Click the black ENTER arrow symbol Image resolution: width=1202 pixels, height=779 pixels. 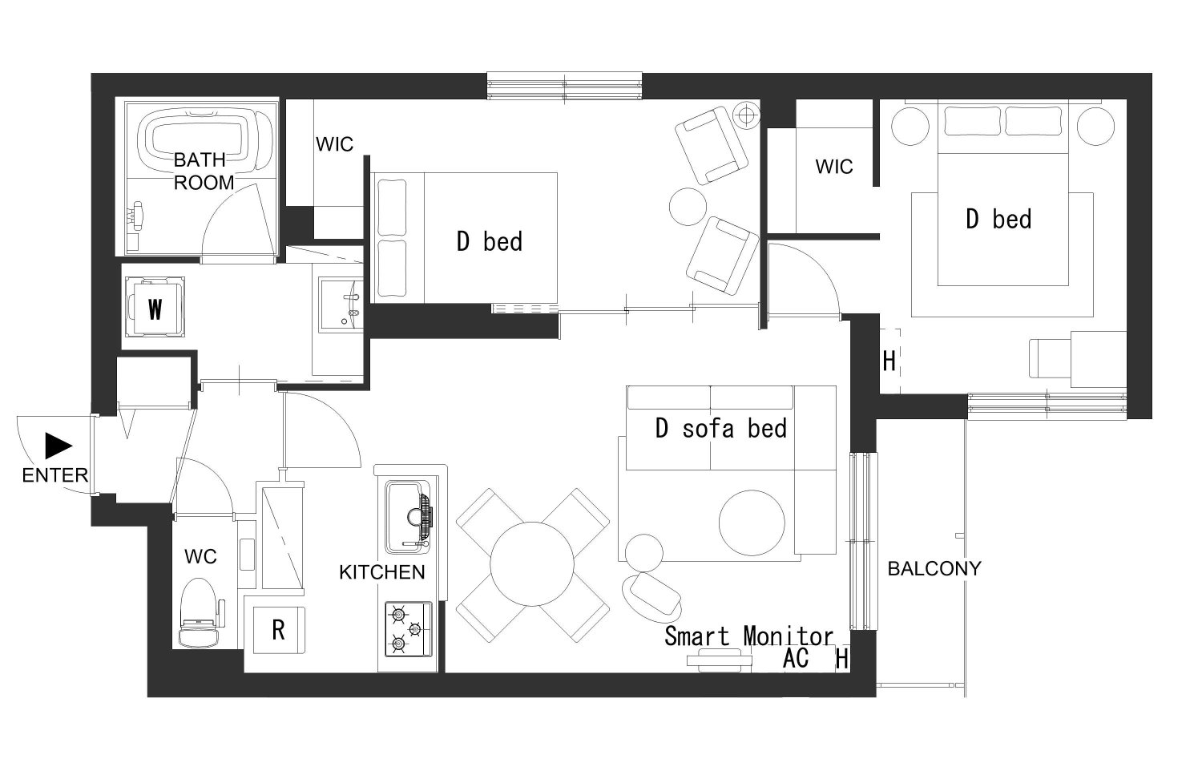point(58,446)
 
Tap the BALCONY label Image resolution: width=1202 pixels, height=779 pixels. point(934,568)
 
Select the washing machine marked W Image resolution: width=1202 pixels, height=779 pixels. point(155,308)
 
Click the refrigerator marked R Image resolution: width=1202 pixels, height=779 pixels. point(279,630)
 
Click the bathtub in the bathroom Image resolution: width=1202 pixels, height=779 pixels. point(204,140)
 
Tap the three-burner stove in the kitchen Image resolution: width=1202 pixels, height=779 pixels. point(409,629)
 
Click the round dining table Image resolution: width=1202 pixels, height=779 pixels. point(532,564)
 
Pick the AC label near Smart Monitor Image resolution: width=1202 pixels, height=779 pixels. point(795,658)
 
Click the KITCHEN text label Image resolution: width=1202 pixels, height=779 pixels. point(382,572)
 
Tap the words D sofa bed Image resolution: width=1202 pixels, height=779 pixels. point(720,428)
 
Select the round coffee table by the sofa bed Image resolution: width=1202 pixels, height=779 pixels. point(752,523)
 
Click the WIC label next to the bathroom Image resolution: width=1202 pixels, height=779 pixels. point(334,143)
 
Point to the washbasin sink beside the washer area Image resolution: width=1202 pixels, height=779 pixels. point(341,305)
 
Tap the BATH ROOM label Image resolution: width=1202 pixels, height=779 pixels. point(204,172)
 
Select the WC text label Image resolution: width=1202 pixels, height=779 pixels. point(200,556)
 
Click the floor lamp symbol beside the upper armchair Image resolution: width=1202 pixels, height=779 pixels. point(746,115)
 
